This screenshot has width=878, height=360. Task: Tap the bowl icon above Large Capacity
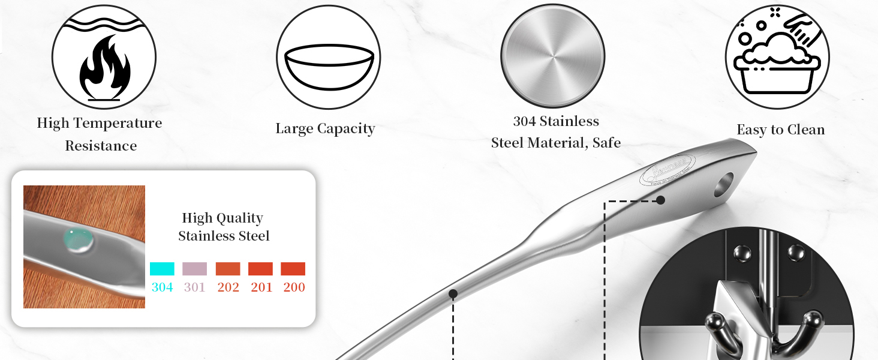tap(329, 66)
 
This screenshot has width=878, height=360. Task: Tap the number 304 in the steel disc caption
tap(524, 121)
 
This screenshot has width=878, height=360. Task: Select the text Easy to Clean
tap(780, 130)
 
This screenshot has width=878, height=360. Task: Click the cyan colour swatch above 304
tap(162, 269)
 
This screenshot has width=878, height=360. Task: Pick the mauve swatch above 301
tap(194, 269)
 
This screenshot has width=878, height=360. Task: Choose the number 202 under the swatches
tap(228, 287)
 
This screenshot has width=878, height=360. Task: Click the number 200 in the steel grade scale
tap(294, 287)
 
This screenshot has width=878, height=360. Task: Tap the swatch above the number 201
tap(261, 269)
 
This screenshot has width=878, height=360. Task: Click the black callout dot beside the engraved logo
tap(660, 200)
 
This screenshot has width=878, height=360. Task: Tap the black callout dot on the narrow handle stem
tap(453, 293)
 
